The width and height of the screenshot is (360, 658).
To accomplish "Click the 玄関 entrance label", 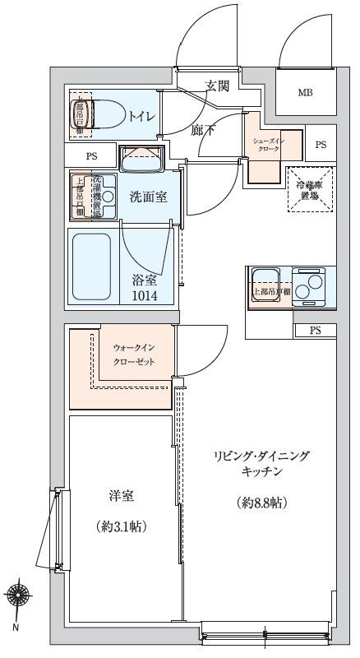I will pos(218,86).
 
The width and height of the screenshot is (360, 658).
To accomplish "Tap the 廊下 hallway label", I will pos(203,129).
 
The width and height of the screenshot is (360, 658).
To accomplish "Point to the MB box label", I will pos(305,93).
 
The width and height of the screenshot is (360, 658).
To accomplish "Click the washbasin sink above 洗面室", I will pos(142,159).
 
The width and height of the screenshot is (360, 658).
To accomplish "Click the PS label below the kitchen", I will pos(315,331).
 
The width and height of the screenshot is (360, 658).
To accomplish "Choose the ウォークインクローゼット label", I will pos(133,355).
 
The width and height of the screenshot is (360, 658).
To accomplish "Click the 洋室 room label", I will pos(121,496).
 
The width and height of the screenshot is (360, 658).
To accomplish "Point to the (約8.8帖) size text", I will pos(262,502).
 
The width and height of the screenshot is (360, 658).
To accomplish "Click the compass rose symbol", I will pos(18,593).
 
